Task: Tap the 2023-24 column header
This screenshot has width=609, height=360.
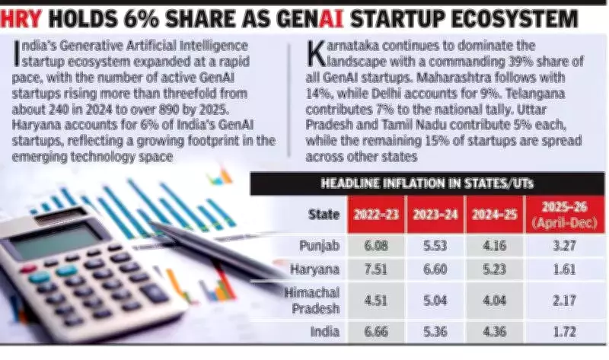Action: point(435,214)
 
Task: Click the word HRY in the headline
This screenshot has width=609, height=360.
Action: point(22,17)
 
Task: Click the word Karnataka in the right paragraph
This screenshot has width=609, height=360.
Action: point(343,47)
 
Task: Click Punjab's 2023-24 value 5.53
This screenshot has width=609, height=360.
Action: point(435,246)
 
